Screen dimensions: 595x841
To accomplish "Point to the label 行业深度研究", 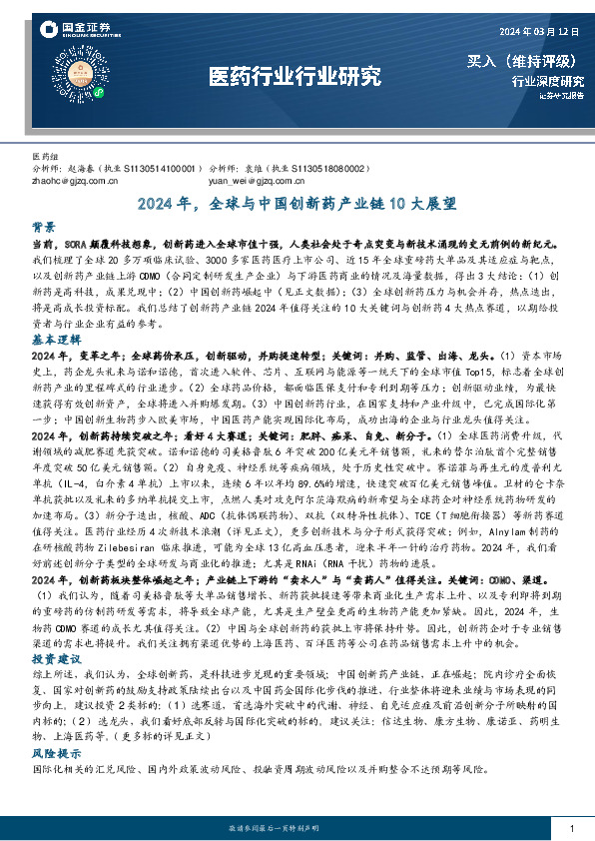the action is pyautogui.click(x=547, y=82).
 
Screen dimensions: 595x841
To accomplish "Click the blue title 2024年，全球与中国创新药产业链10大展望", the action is pyautogui.click(x=297, y=204).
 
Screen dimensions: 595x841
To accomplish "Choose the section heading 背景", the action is pyautogui.click(x=44, y=227).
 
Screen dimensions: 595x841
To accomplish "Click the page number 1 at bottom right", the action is pyautogui.click(x=571, y=829).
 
